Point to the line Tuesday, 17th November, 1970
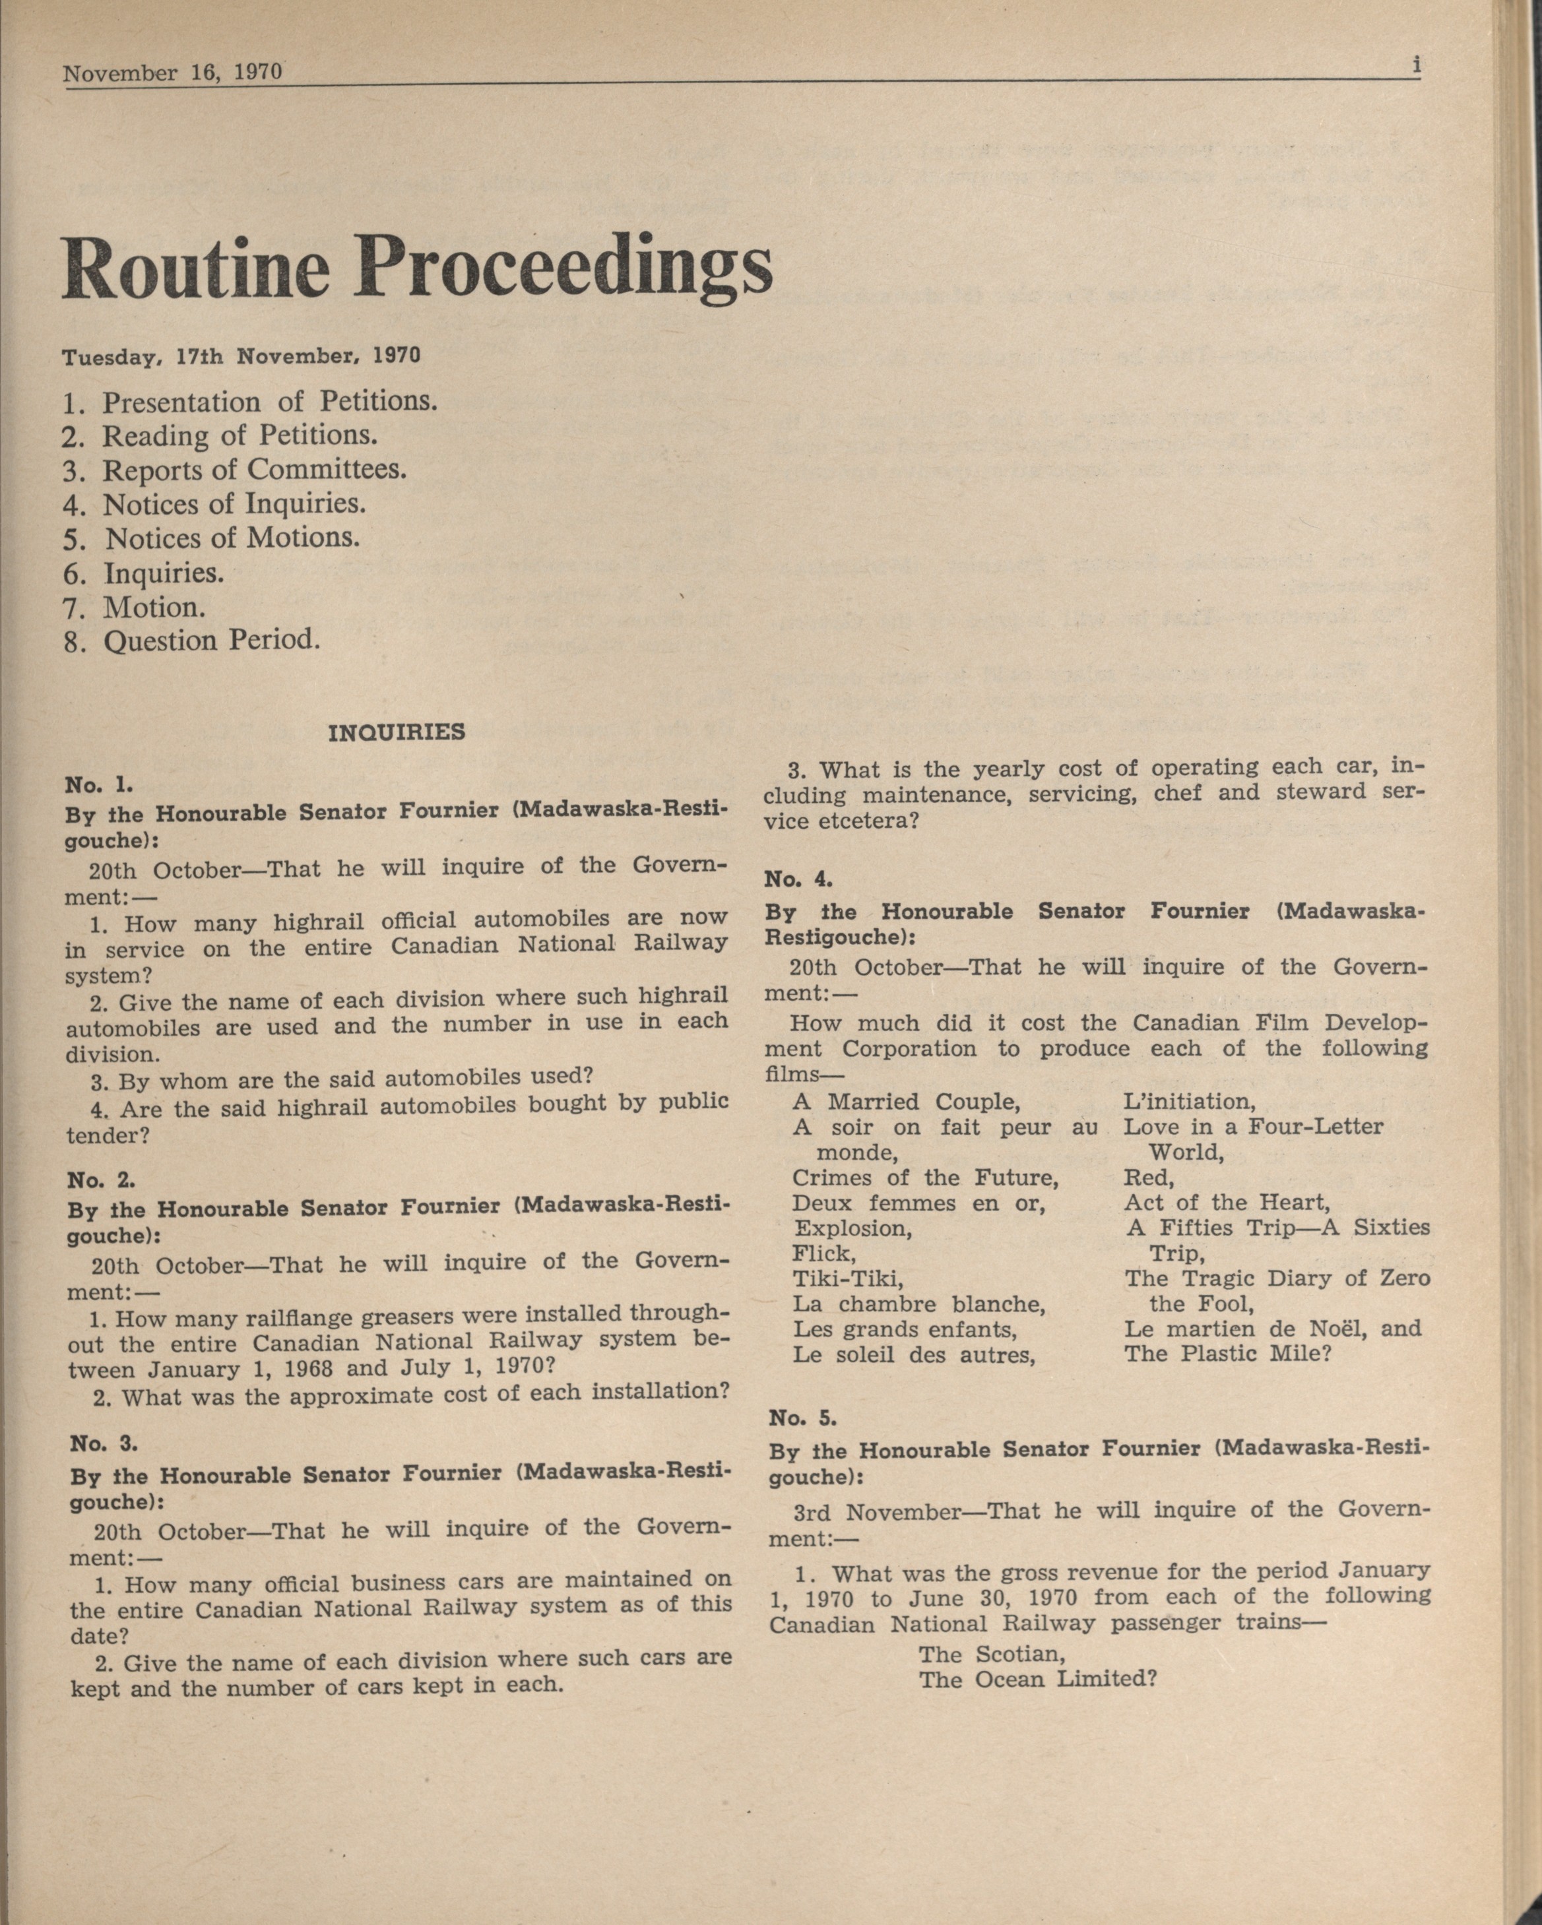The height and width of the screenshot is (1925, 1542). coord(240,356)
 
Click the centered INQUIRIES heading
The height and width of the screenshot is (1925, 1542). coord(397,733)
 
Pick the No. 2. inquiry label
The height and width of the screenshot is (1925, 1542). coord(101,1180)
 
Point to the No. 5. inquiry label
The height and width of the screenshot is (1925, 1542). coord(802,1417)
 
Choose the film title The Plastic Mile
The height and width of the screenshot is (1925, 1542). coord(1228,1354)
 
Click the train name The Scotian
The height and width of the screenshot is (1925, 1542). coord(992,1655)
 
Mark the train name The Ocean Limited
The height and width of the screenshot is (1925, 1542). coord(1037,1680)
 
